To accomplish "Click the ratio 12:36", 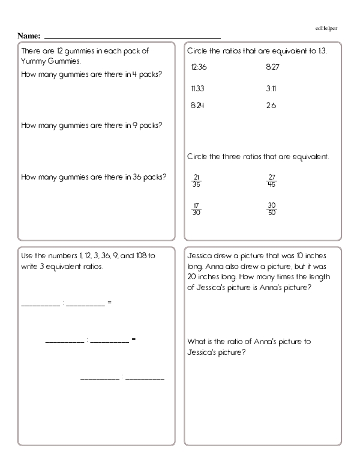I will click(x=196, y=67).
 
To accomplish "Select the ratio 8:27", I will click(x=271, y=67).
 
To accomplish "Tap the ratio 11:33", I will click(x=196, y=88).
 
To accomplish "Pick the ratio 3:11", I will click(x=271, y=88).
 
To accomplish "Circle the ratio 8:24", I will click(x=196, y=105).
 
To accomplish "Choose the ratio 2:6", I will click(x=271, y=105).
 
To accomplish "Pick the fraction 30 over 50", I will click(x=272, y=208).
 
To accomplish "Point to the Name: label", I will click(x=29, y=36).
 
